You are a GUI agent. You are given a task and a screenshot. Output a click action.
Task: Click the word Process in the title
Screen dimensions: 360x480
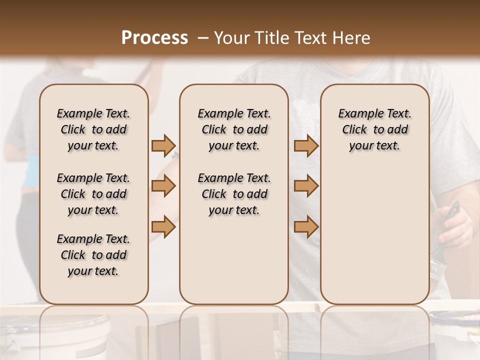[154, 38]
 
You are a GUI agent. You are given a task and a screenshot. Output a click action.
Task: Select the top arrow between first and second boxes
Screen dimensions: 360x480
[163, 146]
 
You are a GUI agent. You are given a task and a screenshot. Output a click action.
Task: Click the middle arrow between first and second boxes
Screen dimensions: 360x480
[163, 186]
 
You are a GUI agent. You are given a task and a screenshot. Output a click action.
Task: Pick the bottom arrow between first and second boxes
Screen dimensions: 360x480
[163, 226]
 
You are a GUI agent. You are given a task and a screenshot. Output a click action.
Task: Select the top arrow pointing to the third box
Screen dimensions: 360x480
[306, 146]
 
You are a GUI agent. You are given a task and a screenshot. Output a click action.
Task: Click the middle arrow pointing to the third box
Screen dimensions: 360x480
[306, 186]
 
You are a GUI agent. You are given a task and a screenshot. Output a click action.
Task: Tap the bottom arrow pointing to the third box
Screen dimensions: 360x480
[306, 226]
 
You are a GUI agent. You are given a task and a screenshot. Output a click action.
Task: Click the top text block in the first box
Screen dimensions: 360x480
[93, 129]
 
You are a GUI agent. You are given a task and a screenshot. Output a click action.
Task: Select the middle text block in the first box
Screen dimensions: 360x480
[93, 194]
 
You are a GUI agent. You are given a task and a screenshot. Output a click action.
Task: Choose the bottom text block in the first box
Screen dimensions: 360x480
[93, 255]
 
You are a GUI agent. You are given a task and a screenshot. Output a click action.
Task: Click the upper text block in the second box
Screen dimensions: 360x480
[234, 129]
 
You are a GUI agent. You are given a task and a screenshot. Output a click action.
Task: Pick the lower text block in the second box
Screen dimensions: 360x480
[234, 194]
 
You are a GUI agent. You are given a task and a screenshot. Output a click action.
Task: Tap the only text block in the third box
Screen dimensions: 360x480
[374, 129]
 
